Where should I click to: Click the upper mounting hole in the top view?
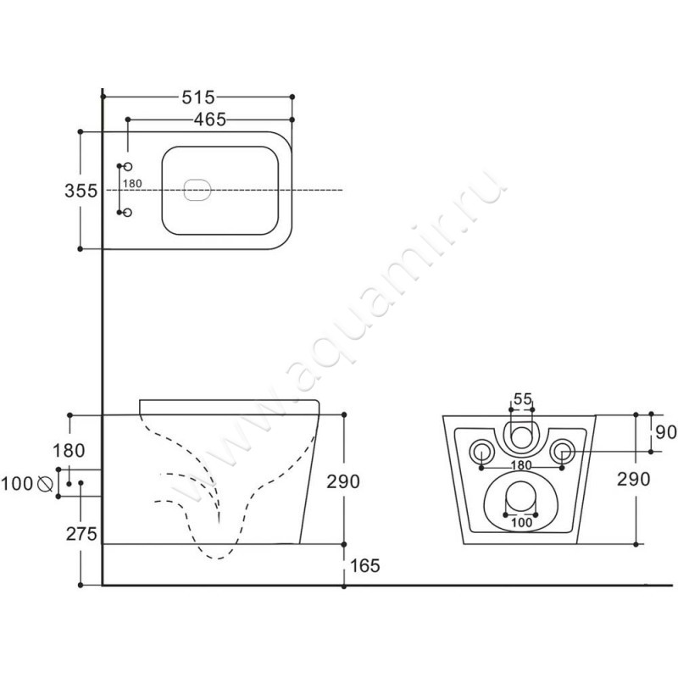click(128, 168)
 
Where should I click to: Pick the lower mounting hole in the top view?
click(128, 214)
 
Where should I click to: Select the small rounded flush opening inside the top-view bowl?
click(197, 191)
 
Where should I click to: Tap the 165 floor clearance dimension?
click(363, 564)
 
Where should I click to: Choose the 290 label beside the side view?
click(344, 481)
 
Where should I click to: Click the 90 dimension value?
click(666, 432)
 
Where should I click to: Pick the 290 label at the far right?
click(634, 480)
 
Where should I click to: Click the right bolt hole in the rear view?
click(562, 449)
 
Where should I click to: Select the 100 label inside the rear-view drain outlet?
click(521, 523)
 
